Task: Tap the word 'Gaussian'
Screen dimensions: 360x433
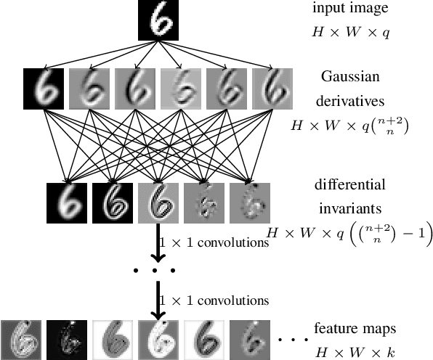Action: tap(352, 76)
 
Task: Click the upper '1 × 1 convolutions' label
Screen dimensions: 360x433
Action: tap(215, 242)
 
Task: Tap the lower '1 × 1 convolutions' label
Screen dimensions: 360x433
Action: tap(215, 300)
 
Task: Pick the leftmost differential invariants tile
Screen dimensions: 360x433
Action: tap(67, 202)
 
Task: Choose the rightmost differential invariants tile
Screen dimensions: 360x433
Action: tap(250, 202)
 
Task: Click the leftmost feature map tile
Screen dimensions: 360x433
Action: tap(22, 339)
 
